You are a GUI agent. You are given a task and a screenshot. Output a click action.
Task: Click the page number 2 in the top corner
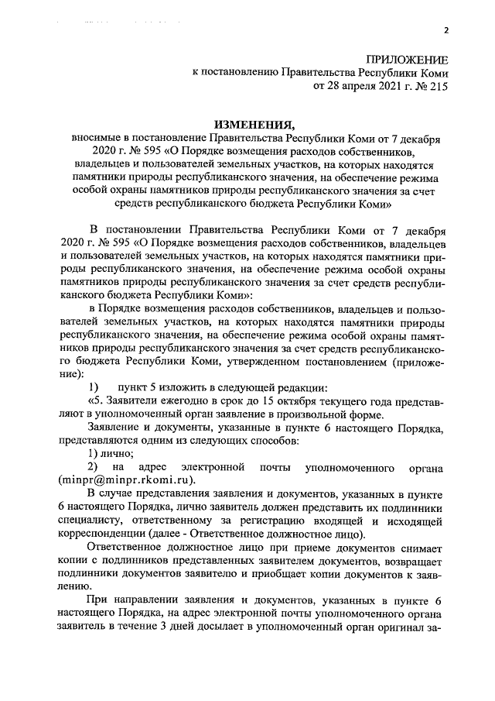(x=446, y=30)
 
